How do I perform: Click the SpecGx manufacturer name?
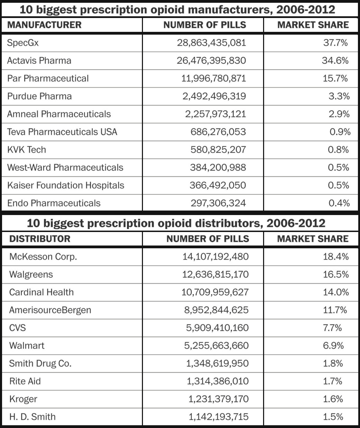click(x=23, y=43)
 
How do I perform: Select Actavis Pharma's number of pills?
click(x=211, y=61)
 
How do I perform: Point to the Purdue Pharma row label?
click(x=39, y=96)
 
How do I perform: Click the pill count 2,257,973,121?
click(x=215, y=114)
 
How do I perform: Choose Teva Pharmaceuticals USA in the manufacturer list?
click(x=62, y=132)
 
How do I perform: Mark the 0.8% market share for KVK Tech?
click(x=339, y=150)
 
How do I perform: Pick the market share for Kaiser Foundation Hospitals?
click(x=339, y=185)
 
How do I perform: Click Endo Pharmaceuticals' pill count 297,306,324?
click(x=218, y=203)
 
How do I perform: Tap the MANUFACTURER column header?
click(x=44, y=25)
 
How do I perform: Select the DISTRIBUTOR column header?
click(x=40, y=239)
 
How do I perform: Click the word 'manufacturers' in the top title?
click(x=231, y=10)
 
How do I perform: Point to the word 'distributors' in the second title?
click(x=224, y=223)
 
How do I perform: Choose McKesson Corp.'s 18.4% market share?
click(x=335, y=257)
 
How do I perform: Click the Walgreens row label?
click(x=31, y=275)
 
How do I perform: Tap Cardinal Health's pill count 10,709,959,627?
click(x=215, y=292)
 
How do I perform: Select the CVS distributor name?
click(x=18, y=328)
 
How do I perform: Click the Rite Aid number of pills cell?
click(x=217, y=381)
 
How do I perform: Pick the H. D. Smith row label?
click(x=33, y=417)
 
